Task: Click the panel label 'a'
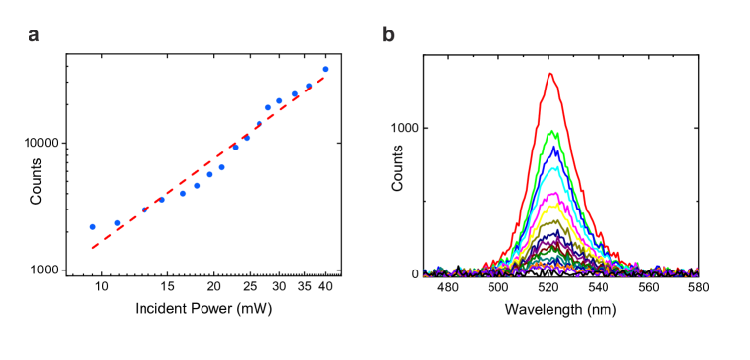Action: [34, 35]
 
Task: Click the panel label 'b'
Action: [388, 35]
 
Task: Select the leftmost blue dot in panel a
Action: [93, 226]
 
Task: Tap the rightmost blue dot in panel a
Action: [325, 70]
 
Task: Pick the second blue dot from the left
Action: [118, 223]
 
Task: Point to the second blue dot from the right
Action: [309, 87]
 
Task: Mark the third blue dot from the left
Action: [145, 210]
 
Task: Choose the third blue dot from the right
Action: [295, 94]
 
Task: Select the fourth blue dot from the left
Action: [162, 200]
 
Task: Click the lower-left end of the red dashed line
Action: [93, 248]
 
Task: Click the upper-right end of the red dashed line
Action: [324, 78]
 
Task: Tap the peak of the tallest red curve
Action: [550, 73]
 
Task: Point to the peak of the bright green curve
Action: [552, 131]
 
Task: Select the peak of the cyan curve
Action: [555, 167]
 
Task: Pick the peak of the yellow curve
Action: [553, 206]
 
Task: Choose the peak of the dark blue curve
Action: [554, 149]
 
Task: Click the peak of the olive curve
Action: [553, 221]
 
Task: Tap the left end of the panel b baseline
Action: [425, 272]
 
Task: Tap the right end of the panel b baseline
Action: [697, 272]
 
